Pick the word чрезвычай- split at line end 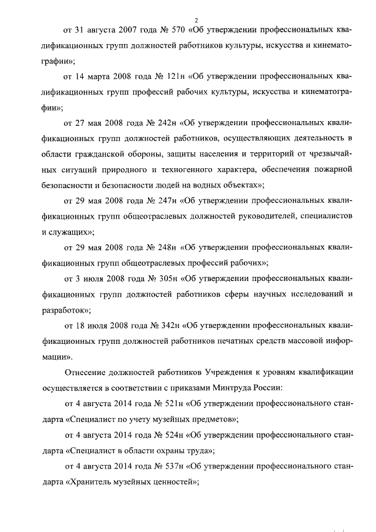pyautogui.click(x=333, y=154)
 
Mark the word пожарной pyautogui.click(x=333, y=169)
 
